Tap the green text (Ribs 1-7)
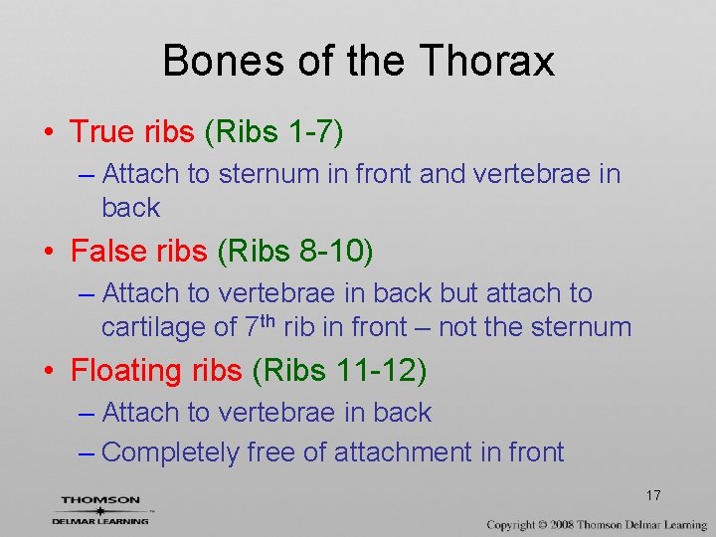pyautogui.click(x=273, y=132)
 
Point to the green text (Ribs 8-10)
pyautogui.click(x=294, y=252)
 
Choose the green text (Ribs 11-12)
pyautogui.click(x=339, y=371)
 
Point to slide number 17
pyautogui.click(x=653, y=495)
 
